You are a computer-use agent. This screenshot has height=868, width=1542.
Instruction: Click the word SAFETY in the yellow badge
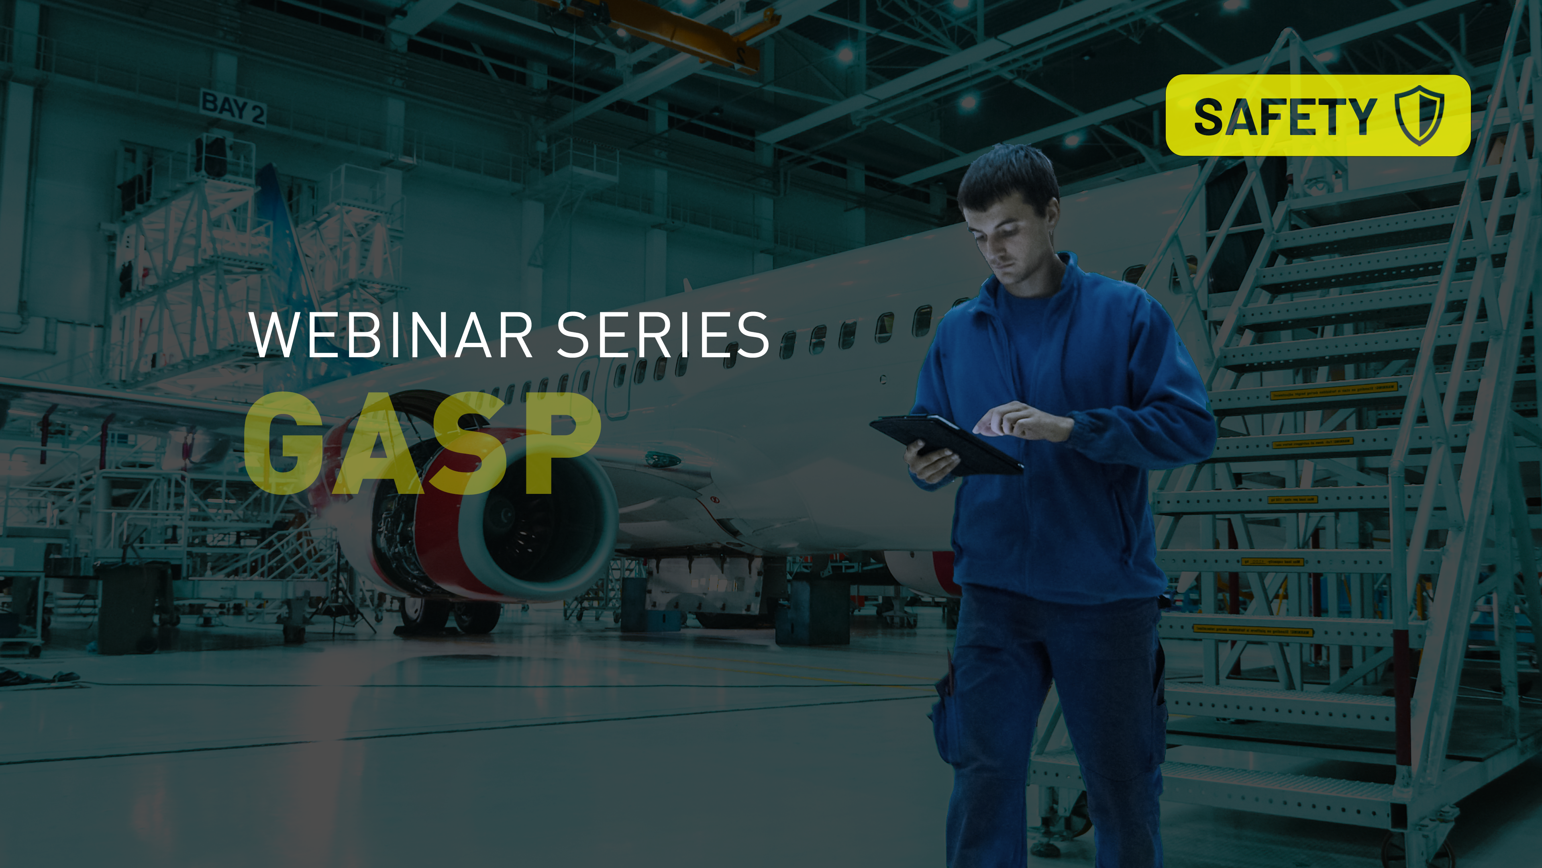[1285, 116]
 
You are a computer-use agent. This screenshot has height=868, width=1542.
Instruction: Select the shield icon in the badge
[1419, 115]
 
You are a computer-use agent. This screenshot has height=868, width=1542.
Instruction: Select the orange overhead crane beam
[688, 30]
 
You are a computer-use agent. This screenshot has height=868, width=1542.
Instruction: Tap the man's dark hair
[1009, 177]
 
